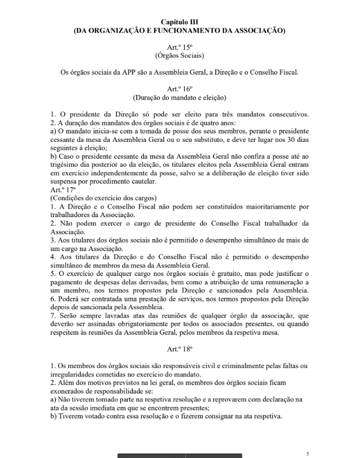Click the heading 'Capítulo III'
pos(180,21)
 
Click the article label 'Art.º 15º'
pos(180,47)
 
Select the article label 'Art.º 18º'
pos(180,349)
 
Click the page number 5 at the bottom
pos(307,453)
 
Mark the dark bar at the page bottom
pos(180,455)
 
